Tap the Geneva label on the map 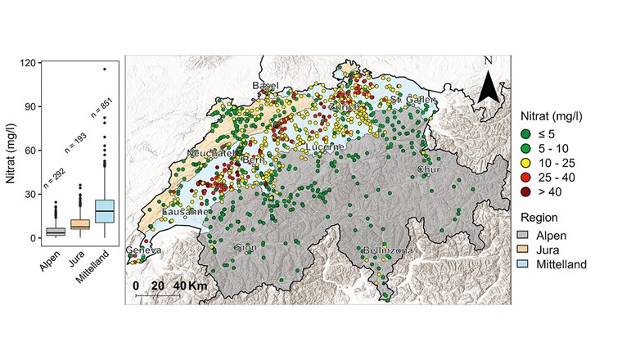[143, 250]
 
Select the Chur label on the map [429, 170]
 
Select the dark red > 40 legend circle [526, 193]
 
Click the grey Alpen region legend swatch [526, 234]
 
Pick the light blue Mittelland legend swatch [526, 264]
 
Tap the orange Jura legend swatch [526, 250]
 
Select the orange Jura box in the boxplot [79, 224]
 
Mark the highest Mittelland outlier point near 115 [105, 70]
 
